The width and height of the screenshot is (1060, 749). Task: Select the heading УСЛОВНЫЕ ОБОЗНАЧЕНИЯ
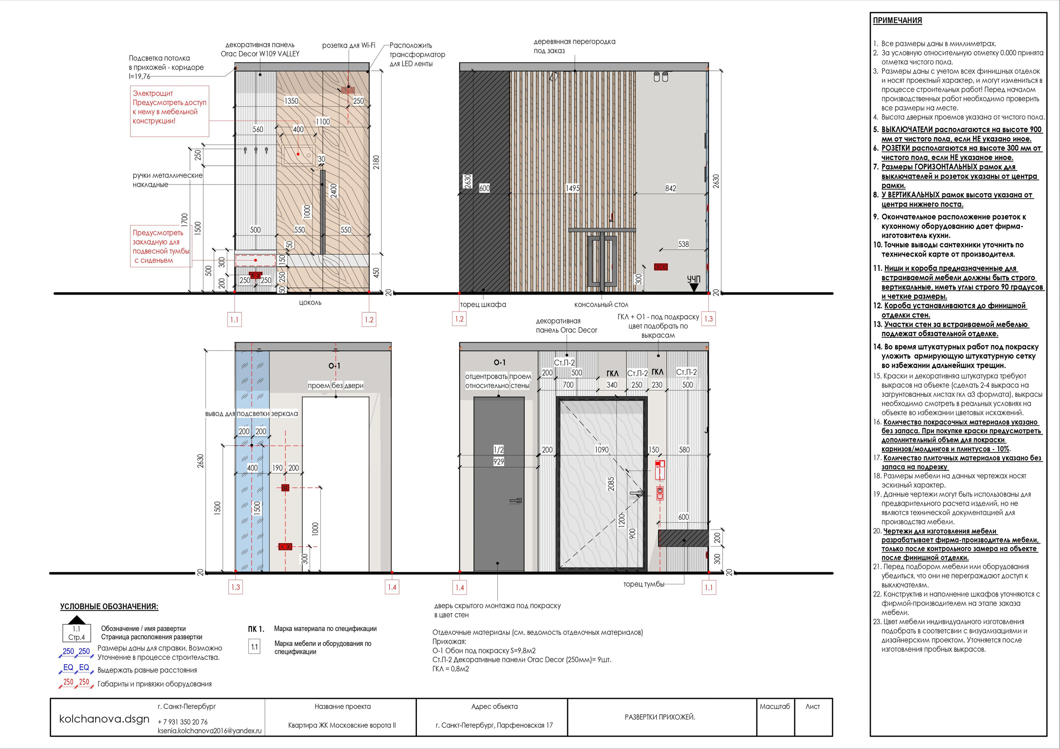coord(109,606)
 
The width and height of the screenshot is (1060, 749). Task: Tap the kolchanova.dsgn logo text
coord(104,718)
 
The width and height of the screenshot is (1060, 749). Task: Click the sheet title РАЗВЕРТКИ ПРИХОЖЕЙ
coord(660,717)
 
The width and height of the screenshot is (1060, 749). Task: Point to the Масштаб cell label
coord(775,706)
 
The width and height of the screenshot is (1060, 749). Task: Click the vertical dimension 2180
coord(377,162)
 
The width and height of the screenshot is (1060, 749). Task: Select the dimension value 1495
coord(573,188)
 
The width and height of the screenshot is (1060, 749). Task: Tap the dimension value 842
coord(670,188)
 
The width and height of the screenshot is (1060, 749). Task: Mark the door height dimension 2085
coord(611,484)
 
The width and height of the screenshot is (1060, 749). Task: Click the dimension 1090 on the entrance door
coord(602,449)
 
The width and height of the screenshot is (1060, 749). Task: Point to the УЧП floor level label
coord(694,279)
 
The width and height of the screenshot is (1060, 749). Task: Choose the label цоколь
coord(310,303)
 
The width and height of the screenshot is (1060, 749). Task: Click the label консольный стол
coord(601,305)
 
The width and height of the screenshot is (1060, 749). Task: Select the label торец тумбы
coord(643,584)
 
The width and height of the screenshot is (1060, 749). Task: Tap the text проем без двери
coord(336,385)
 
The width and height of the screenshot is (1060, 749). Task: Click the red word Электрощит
coord(153,93)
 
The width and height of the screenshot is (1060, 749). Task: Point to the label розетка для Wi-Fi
coord(349,45)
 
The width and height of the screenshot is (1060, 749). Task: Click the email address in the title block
coord(210,730)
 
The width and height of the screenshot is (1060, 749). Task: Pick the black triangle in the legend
coord(77,620)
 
